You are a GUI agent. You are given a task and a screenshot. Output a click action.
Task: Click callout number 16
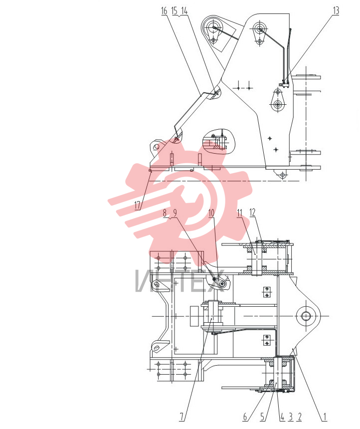point(164,11)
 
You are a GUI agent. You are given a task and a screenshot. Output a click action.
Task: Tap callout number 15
point(174,11)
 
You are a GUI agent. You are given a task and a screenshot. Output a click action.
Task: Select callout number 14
point(184,11)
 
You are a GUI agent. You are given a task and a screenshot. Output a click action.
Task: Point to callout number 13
point(336,10)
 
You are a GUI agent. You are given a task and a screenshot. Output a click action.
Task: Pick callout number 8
point(165,213)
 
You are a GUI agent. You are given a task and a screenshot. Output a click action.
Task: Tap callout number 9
point(175,213)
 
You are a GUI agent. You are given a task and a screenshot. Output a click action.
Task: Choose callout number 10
point(211,213)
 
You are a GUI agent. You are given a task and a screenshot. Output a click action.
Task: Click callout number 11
point(240,213)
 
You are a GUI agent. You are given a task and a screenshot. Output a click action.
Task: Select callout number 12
point(252,212)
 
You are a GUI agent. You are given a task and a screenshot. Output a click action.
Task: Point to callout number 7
point(182,417)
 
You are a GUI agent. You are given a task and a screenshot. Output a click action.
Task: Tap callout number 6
point(245,417)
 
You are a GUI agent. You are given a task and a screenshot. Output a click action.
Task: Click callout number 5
point(263,417)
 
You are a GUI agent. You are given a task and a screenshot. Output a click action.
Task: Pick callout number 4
point(282,417)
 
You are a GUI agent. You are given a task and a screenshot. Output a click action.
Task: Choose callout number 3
point(291,417)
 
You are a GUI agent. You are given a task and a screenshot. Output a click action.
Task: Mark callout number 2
point(300,417)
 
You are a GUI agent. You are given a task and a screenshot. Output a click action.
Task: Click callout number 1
point(325,417)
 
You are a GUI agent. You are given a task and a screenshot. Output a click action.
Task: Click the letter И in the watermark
point(145,281)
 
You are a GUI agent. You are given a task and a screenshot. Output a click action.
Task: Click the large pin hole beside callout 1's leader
point(306,316)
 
